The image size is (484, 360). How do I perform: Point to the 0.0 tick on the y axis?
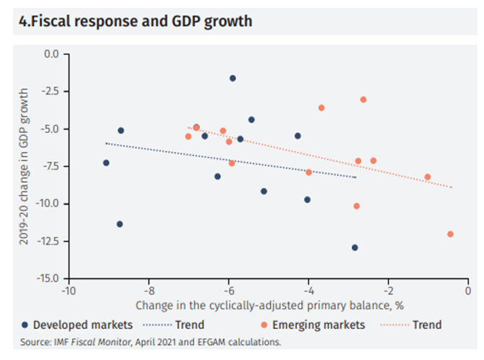click(x=50, y=54)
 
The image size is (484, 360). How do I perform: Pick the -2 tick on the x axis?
click(x=387, y=291)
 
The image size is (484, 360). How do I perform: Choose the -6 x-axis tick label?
click(x=228, y=291)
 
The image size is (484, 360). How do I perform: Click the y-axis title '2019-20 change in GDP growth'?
click(x=24, y=165)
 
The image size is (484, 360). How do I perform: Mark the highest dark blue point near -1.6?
click(x=232, y=78)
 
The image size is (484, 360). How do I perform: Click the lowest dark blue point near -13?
click(x=354, y=248)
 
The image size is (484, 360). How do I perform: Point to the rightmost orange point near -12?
click(x=450, y=234)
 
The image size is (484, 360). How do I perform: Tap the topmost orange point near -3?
click(x=363, y=99)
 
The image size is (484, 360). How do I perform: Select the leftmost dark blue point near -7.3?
click(x=106, y=163)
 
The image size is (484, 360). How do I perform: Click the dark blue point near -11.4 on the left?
click(x=120, y=224)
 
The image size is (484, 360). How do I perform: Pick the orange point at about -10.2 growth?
click(x=357, y=206)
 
